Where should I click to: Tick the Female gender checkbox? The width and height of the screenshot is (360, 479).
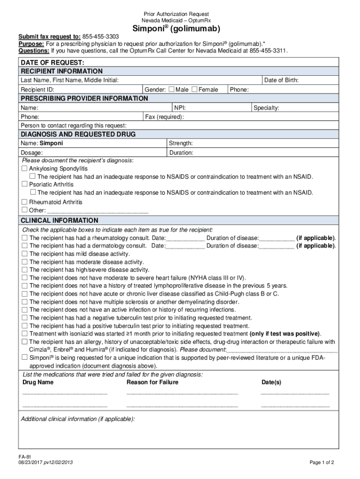point(194,89)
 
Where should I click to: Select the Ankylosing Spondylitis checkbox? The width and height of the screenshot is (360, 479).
point(25,168)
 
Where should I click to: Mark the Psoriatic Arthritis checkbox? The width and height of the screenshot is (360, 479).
point(25,184)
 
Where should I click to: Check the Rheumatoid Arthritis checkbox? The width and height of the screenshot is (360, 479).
point(25,202)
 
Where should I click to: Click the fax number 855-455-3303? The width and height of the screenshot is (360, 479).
point(101,36)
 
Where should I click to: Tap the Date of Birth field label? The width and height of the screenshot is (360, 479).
point(281,80)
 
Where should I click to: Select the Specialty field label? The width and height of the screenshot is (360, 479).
point(266,108)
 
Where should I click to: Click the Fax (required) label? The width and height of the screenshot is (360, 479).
point(165,117)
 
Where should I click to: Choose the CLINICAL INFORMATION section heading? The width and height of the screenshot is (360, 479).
point(59,220)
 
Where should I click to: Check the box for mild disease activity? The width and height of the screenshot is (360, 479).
point(25,254)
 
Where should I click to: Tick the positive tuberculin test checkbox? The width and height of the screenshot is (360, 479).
point(25,326)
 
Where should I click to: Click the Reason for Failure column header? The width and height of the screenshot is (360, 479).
point(152,382)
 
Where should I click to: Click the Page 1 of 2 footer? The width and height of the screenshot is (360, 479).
point(322,463)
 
